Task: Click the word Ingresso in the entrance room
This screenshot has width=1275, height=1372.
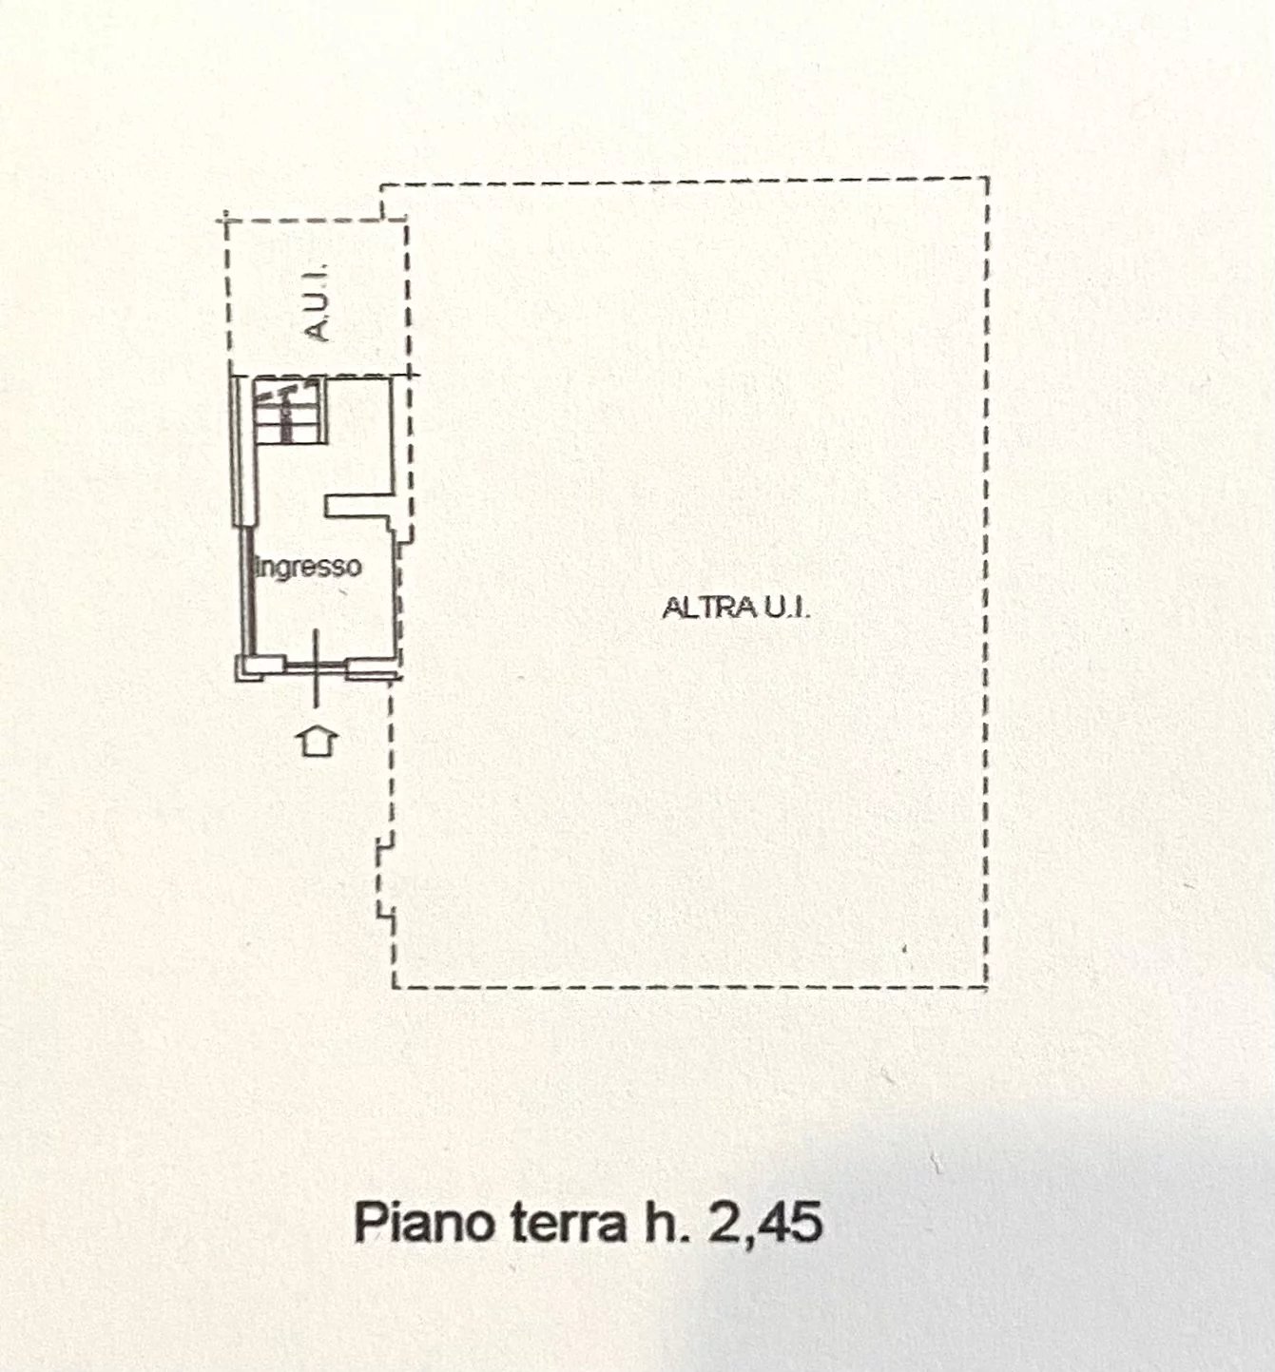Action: pyautogui.click(x=308, y=568)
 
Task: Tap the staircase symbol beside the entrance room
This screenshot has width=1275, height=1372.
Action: pyautogui.click(x=289, y=412)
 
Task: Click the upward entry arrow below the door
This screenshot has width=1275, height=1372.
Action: pyautogui.click(x=318, y=742)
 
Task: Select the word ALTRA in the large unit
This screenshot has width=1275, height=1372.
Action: pyautogui.click(x=709, y=608)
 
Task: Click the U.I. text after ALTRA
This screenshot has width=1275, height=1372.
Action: pyautogui.click(x=786, y=608)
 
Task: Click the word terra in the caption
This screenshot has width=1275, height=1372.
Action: pyautogui.click(x=567, y=1223)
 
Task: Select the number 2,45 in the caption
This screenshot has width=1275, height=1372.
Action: pyautogui.click(x=765, y=1222)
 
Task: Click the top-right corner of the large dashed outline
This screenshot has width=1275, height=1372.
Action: pyautogui.click(x=986, y=179)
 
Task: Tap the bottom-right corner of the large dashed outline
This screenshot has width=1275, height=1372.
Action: pyautogui.click(x=986, y=986)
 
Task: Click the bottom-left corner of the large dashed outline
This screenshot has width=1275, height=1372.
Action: pyautogui.click(x=394, y=987)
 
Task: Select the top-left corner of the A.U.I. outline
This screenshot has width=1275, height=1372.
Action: pyautogui.click(x=226, y=221)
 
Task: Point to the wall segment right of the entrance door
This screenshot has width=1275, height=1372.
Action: pyautogui.click(x=372, y=667)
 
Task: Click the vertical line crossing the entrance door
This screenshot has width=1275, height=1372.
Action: pyautogui.click(x=317, y=668)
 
